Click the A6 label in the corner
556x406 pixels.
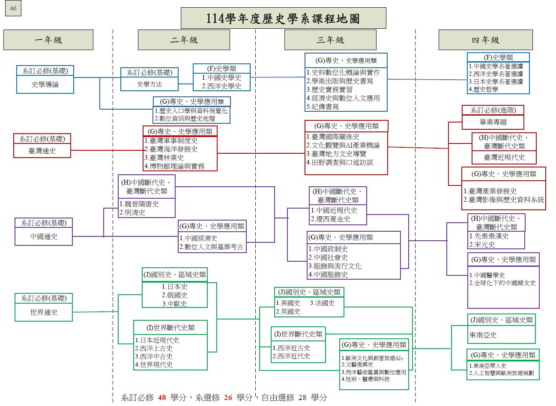(x=13, y=9)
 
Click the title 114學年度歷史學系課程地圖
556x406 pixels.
(x=283, y=18)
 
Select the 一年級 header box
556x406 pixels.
(x=48, y=40)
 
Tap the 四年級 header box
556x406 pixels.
(x=485, y=40)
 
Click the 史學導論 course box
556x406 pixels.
(x=45, y=85)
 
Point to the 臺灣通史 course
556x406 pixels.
(x=42, y=151)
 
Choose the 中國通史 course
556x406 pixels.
(x=44, y=236)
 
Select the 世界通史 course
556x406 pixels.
(x=44, y=312)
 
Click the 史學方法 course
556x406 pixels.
(x=149, y=84)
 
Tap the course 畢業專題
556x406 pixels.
(x=493, y=122)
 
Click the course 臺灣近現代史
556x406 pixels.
(x=504, y=157)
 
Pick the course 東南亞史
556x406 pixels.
(x=483, y=335)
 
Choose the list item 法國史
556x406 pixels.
(x=324, y=303)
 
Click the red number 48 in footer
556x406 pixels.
(x=162, y=397)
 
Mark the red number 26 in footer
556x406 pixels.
(x=228, y=397)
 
